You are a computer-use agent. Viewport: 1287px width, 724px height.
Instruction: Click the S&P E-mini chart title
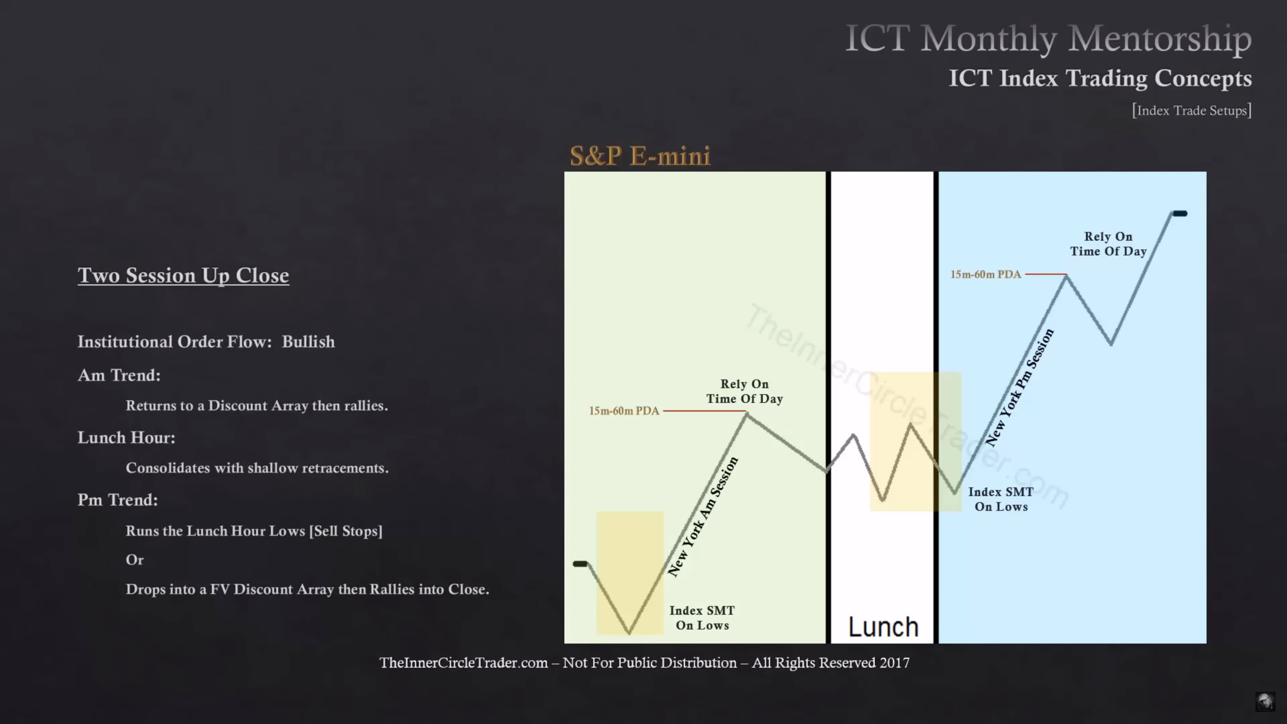(640, 156)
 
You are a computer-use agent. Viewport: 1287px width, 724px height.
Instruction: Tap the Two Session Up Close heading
(183, 275)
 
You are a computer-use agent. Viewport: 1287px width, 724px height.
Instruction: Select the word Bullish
(308, 342)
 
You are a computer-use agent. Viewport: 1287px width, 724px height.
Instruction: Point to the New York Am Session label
(702, 517)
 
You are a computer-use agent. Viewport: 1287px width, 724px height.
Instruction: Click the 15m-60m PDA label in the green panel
(624, 411)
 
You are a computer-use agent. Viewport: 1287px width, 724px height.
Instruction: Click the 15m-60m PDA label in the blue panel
(985, 274)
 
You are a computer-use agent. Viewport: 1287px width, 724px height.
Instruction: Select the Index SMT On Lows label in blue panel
(1001, 499)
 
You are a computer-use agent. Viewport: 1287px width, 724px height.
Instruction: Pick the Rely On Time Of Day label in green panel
(744, 391)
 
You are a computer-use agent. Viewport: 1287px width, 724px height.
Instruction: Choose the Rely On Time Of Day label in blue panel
(1108, 244)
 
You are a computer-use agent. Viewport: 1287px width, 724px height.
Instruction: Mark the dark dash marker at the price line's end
(1180, 214)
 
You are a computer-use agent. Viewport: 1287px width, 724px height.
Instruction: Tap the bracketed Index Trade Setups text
(1191, 110)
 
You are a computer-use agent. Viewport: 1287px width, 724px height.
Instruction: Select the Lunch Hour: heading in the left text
(126, 438)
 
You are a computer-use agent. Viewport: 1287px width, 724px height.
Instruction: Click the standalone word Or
(134, 560)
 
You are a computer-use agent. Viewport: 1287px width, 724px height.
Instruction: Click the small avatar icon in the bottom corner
(1265, 702)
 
